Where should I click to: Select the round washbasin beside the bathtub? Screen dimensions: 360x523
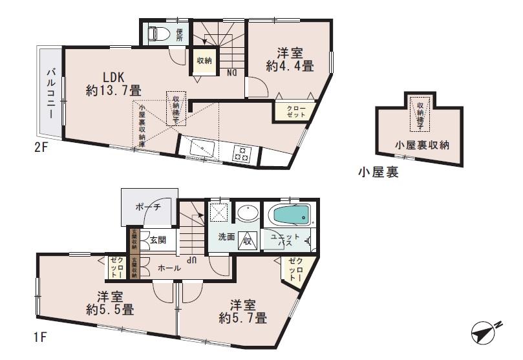tap(246, 213)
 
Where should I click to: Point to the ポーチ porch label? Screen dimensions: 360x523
tap(148, 207)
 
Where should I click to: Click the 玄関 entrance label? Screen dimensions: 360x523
tap(158, 239)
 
